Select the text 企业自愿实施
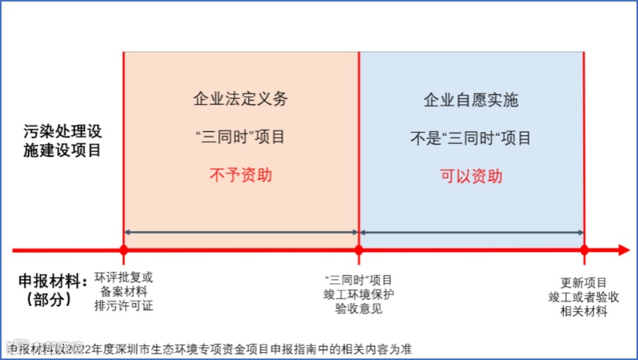470,100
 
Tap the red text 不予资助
240,175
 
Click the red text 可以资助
471,175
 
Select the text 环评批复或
124,277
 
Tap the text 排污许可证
124,305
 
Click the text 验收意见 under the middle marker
358,309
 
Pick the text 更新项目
584,282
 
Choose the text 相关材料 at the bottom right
584,311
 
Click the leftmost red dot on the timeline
124,250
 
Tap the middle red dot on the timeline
358,250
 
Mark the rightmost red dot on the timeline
584,250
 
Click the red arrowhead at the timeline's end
623,250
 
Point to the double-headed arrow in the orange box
240,232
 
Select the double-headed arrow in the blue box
471,232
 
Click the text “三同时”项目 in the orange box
240,138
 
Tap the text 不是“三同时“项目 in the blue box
470,138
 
